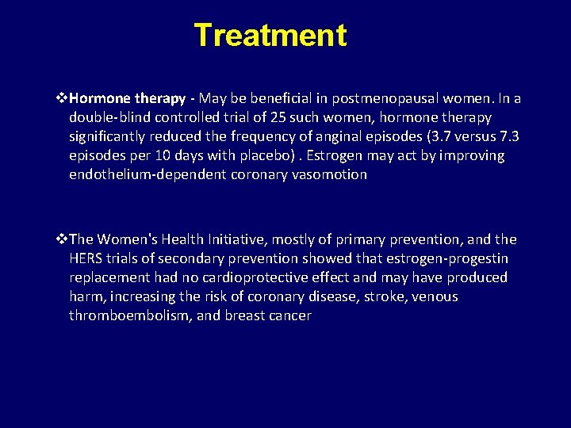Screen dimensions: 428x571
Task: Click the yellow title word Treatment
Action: click(x=270, y=36)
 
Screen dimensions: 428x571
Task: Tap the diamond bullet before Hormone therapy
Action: click(x=63, y=99)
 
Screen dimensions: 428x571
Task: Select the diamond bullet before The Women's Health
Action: click(x=63, y=239)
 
